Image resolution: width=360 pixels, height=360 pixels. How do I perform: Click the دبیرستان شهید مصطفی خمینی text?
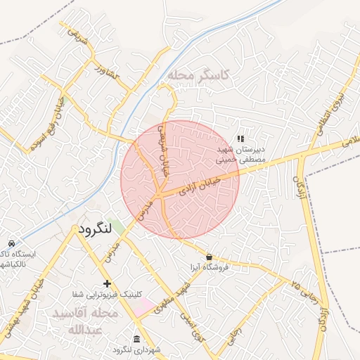(240, 155)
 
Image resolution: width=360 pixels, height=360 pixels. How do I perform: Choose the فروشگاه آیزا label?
(209, 269)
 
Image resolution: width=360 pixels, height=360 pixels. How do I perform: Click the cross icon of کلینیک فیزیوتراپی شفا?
(107, 283)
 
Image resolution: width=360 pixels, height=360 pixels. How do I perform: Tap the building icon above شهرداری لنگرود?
(136, 339)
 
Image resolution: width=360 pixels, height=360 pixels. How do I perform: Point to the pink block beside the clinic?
(145, 307)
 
